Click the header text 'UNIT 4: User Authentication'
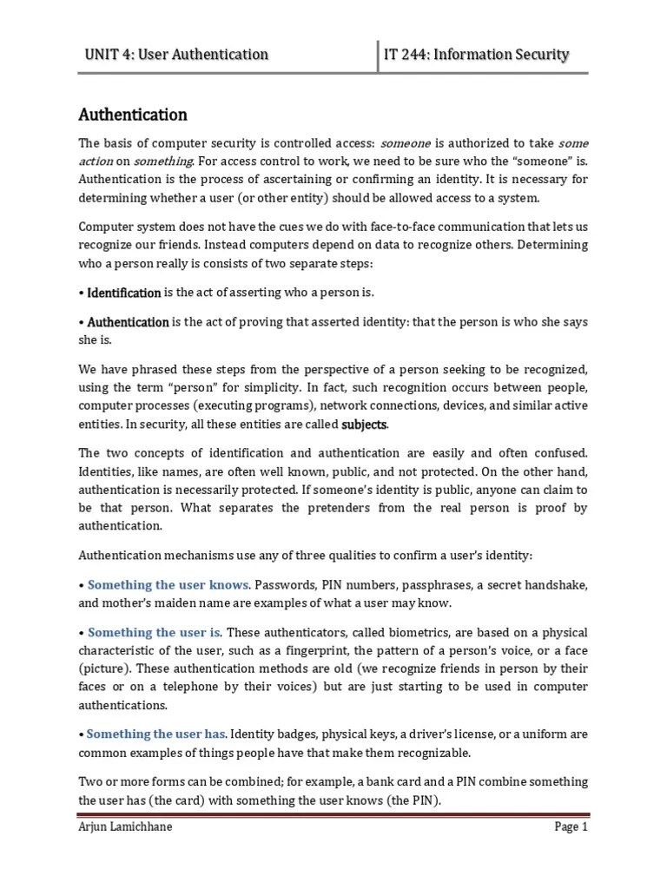[x=176, y=55]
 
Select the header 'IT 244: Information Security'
[x=477, y=55]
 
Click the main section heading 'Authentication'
[x=133, y=115]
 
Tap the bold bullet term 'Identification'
[x=124, y=293]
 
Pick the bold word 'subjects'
[x=365, y=425]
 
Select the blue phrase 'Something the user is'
[x=155, y=632]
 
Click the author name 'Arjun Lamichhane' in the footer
[x=125, y=826]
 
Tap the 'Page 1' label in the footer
[x=571, y=826]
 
